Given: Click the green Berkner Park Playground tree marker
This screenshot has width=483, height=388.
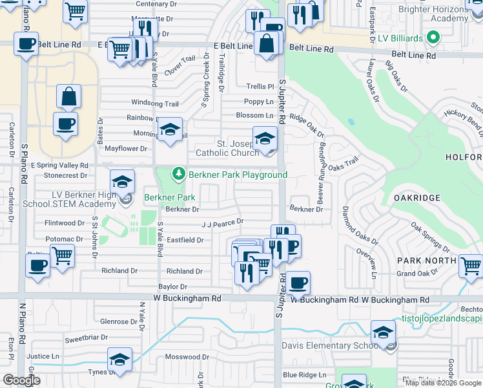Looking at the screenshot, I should pos(178,174).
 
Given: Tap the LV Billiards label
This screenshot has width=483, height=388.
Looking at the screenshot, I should pos(401,39).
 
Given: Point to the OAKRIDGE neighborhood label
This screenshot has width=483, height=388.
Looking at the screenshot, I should pos(418,198).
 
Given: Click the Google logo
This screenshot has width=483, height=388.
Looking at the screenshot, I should pos(22,380).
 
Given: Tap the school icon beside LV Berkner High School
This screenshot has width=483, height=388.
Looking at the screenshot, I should pos(122,183).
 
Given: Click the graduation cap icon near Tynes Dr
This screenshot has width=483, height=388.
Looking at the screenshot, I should pos(119,360).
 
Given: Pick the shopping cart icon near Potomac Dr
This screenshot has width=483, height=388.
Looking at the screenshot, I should pos(62,256).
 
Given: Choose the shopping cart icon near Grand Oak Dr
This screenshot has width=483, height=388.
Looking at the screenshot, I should pos(471,266).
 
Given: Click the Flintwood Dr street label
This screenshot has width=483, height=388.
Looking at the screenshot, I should pos(64,223).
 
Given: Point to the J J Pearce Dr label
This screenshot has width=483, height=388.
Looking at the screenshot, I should pos(222,222).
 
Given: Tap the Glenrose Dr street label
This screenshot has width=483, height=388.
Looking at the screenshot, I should pos(118,321).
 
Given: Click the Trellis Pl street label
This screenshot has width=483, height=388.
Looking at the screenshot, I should pos(260,86).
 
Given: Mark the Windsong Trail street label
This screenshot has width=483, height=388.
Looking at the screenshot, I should pos(155,103).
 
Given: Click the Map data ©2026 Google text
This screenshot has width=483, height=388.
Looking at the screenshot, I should pos(443,382).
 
